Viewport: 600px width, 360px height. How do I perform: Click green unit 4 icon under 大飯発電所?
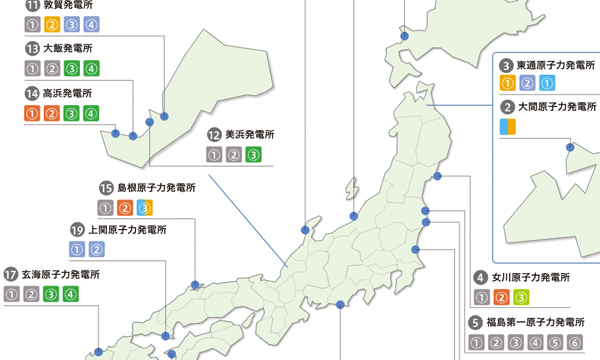coord(91,69)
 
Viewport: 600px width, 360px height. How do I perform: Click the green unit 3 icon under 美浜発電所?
coord(253,155)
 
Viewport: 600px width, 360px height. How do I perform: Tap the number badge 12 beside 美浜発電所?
coord(214,134)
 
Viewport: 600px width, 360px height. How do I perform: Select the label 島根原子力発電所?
coord(156,187)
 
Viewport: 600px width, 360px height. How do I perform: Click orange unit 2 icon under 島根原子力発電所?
coord(125,208)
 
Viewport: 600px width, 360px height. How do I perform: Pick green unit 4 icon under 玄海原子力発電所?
coord(70,294)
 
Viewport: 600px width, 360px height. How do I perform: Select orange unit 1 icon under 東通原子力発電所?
coord(507,84)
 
